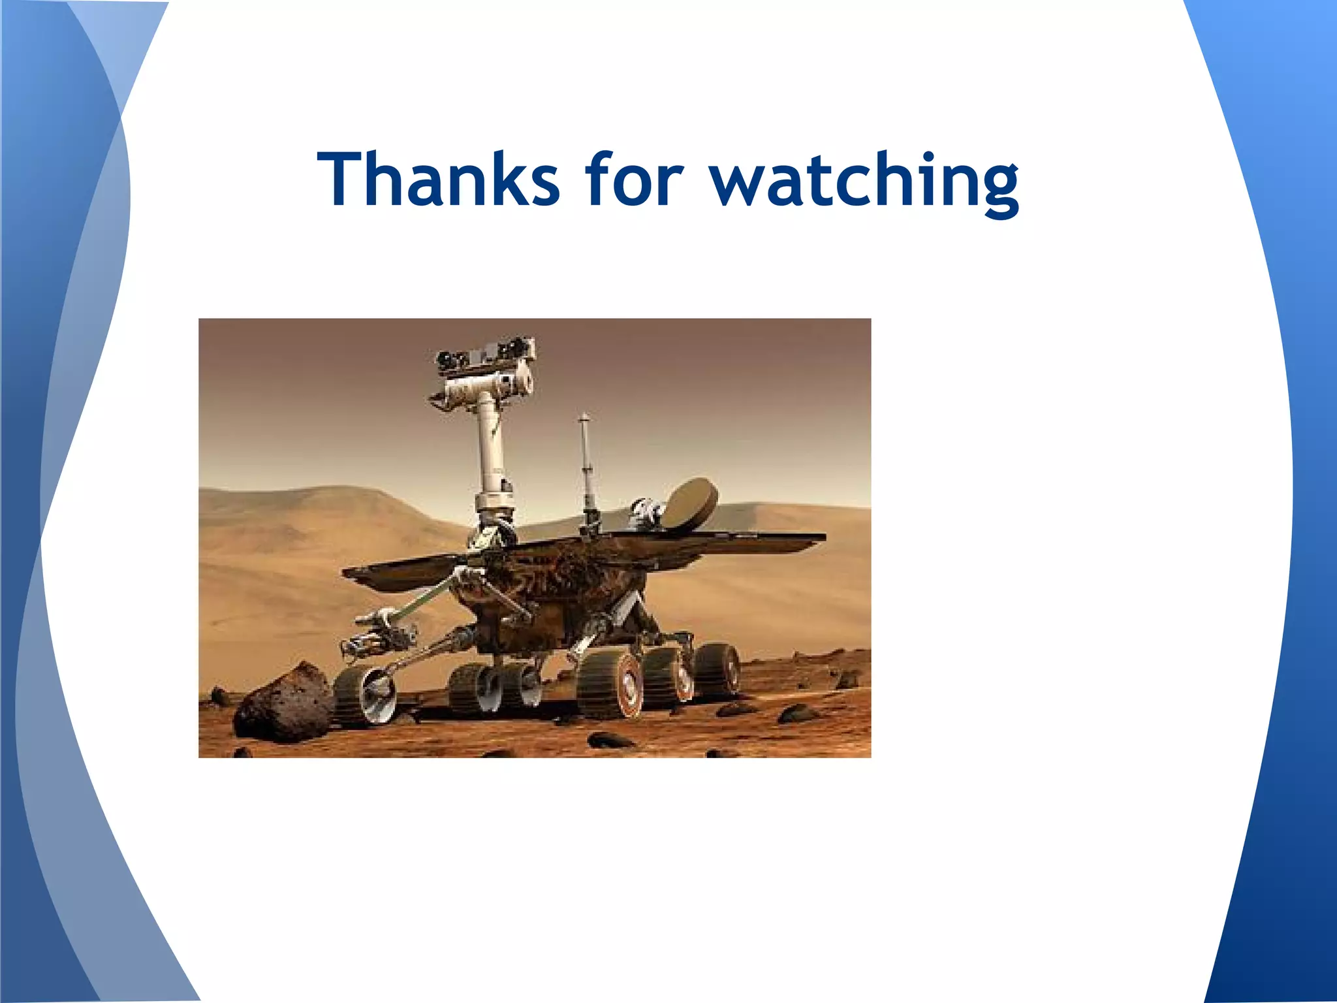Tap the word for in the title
633,179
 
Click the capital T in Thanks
344,179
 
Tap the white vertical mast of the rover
491,451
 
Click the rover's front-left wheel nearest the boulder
366,695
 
